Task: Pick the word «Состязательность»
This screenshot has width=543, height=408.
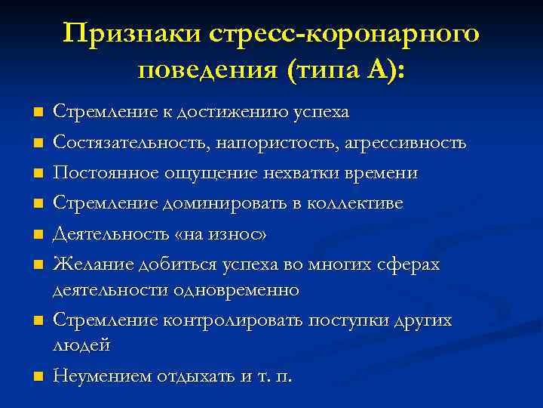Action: coord(116,143)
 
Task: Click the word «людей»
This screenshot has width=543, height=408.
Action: coord(81,345)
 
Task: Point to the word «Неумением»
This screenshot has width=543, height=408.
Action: coord(102,375)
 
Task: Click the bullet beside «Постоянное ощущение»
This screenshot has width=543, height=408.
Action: coord(36,174)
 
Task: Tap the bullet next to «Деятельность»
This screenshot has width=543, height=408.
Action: coord(36,235)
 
